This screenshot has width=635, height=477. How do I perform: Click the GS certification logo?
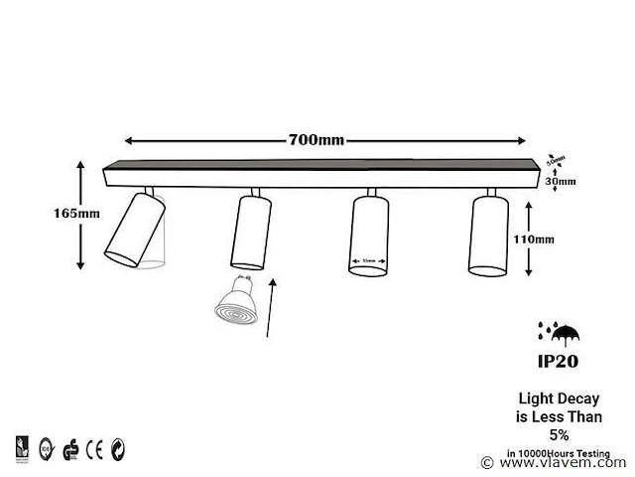pos(70,447)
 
